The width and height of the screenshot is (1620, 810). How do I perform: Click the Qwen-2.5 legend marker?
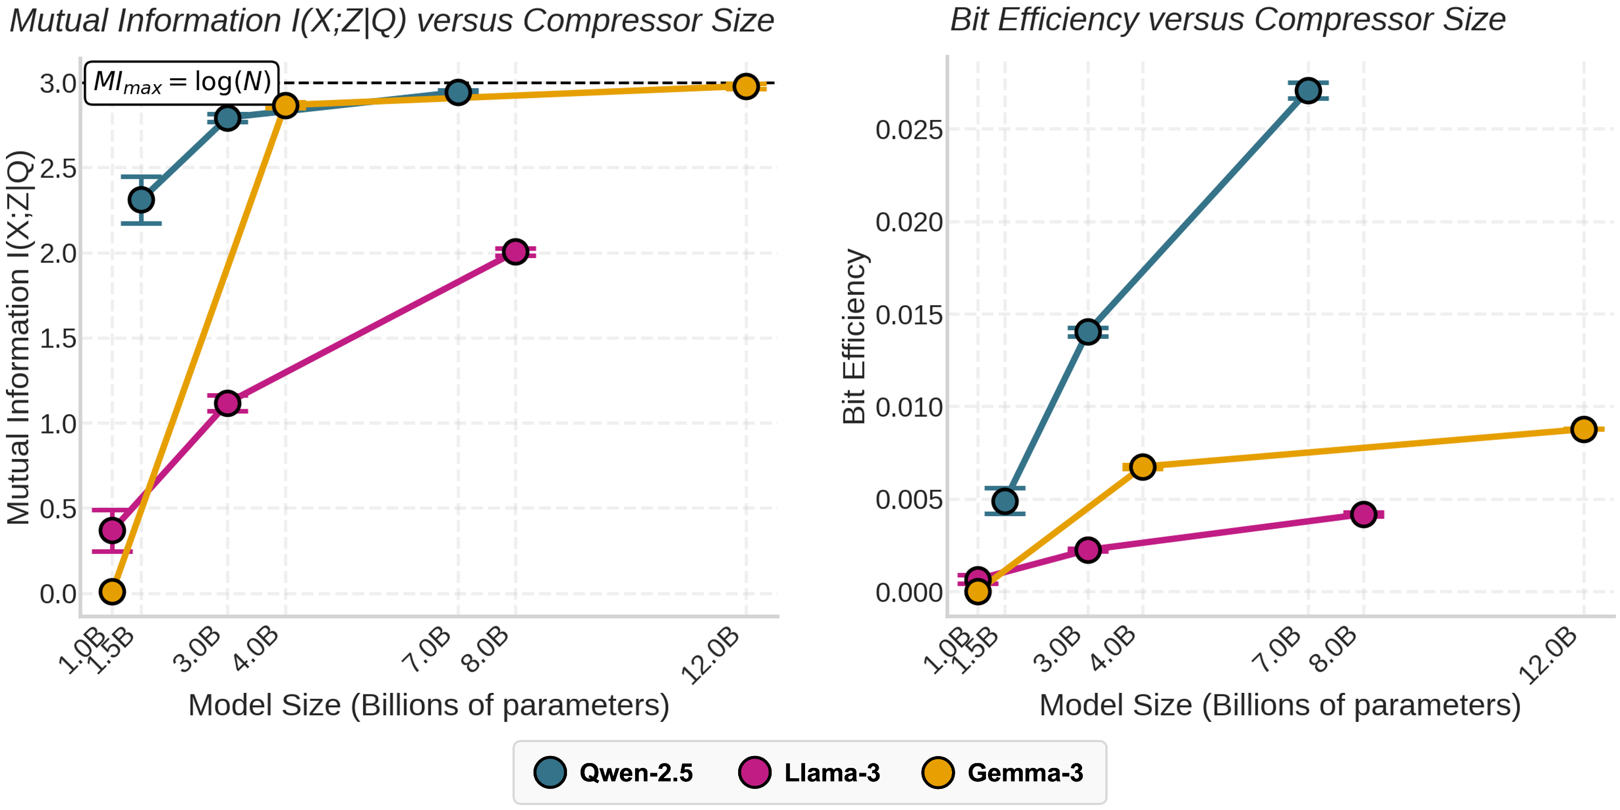(x=550, y=772)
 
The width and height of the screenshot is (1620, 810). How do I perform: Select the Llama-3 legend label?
(x=832, y=772)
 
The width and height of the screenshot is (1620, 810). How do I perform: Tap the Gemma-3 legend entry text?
(x=1025, y=772)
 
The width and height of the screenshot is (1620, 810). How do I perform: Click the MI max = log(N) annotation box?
(x=182, y=83)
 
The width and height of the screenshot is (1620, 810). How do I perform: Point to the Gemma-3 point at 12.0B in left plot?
(x=746, y=86)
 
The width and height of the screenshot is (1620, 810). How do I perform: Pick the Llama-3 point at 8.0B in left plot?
(x=515, y=252)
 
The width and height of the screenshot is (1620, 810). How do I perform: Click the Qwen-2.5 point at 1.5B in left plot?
(x=141, y=200)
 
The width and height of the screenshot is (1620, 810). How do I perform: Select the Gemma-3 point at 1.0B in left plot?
(x=112, y=592)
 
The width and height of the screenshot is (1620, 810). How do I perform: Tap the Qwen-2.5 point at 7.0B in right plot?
(x=1308, y=91)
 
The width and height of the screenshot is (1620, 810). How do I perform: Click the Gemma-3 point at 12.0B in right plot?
(x=1583, y=429)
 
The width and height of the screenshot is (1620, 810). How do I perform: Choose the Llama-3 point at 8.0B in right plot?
(x=1363, y=515)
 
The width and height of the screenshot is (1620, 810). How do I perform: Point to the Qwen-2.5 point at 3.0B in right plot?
(x=1088, y=332)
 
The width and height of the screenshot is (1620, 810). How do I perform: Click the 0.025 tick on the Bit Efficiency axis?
(x=909, y=130)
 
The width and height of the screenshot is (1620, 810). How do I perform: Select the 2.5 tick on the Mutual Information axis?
(x=58, y=168)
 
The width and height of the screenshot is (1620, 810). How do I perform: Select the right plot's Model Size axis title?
(x=1280, y=705)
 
